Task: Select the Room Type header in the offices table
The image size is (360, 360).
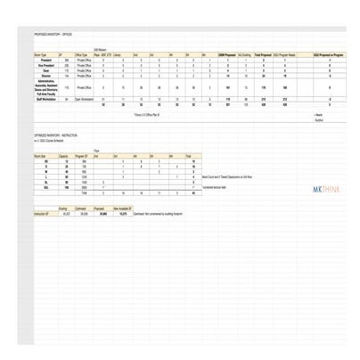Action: [x=30, y=54]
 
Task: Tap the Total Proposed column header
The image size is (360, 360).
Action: [x=263, y=54]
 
